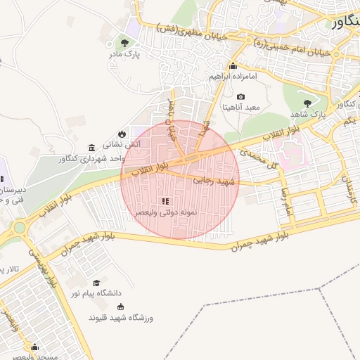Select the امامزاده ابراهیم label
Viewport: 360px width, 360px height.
[x=231, y=75]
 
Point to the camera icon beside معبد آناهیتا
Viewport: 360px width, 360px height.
[x=240, y=96]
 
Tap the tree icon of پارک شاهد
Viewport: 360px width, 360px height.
[x=306, y=103]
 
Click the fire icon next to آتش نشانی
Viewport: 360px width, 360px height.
[x=122, y=133]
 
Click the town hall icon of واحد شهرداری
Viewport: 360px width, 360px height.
[x=92, y=148]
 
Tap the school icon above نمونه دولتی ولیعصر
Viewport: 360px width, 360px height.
[x=165, y=201]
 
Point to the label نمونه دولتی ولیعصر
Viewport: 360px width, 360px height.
[x=165, y=212]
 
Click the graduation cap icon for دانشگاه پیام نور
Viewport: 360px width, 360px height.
[x=96, y=283]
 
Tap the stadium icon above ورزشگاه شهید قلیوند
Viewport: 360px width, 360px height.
[x=120, y=307]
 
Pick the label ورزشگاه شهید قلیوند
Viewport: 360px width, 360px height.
[x=116, y=318]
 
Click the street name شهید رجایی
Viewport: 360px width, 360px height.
[x=216, y=181]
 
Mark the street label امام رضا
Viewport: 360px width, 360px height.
[x=285, y=200]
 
